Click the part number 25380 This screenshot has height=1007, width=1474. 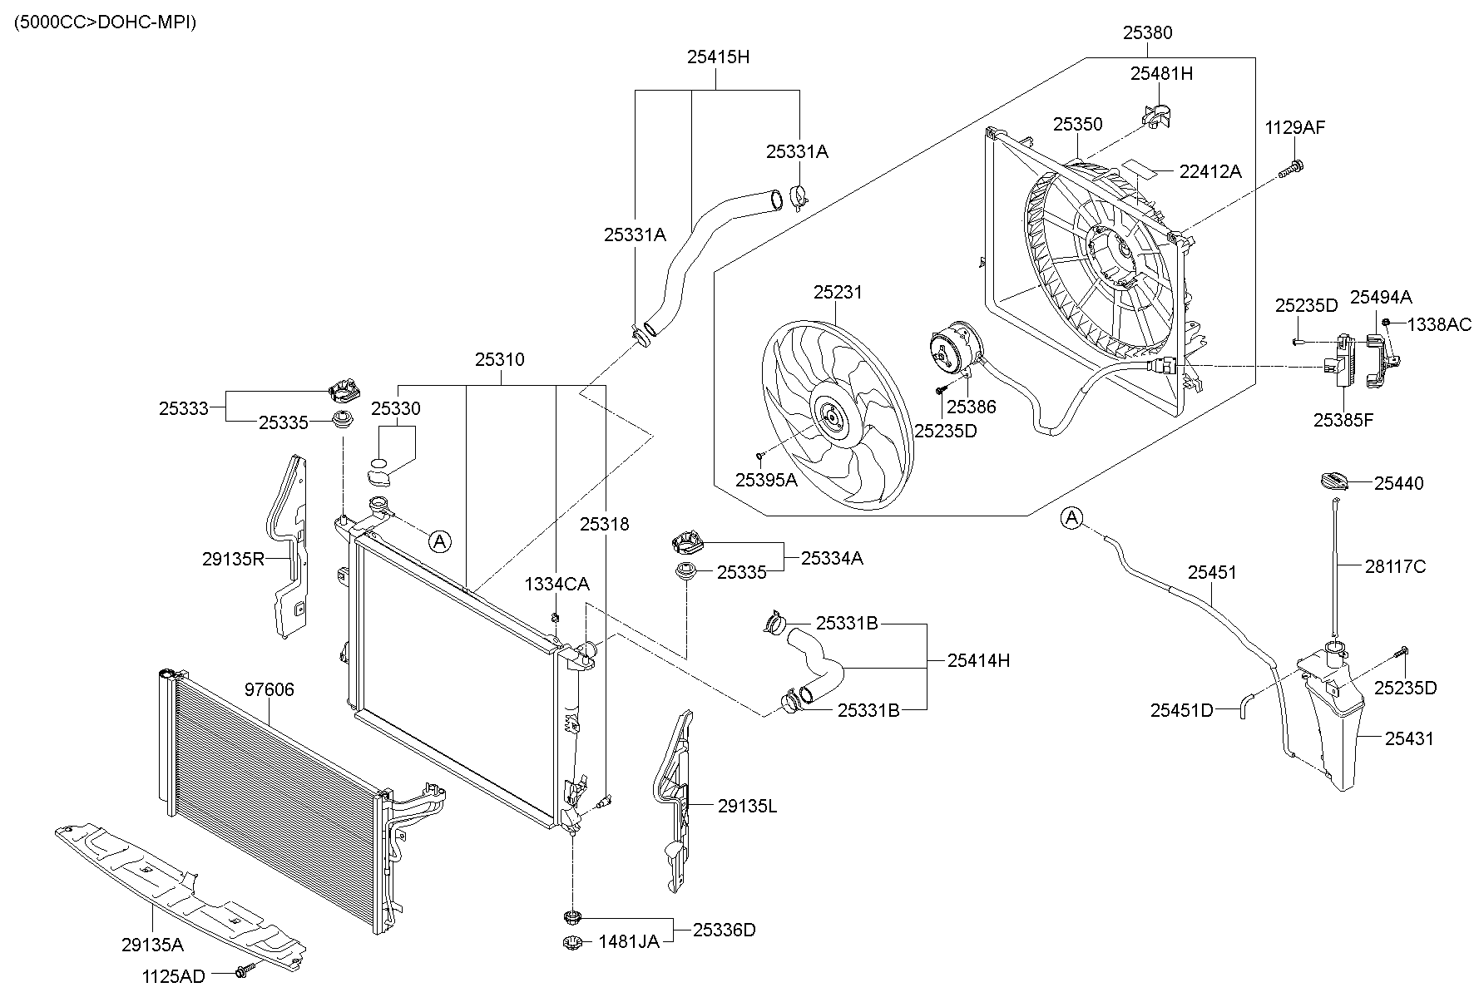(1147, 32)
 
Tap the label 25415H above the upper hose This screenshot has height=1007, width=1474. (718, 57)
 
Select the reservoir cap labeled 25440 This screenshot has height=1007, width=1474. (1337, 481)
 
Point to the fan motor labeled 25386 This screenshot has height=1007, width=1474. (954, 350)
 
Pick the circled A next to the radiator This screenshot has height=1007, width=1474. (439, 541)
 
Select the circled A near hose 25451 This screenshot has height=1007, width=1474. (1072, 518)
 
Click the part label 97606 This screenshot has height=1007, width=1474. (269, 689)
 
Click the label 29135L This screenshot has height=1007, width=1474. (746, 805)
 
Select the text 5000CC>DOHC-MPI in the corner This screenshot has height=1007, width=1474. (105, 22)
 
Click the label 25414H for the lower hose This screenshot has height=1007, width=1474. (978, 660)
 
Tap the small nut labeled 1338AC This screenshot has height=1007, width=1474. (1386, 323)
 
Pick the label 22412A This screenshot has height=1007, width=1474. (1209, 171)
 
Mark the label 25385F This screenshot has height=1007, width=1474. (1343, 420)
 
